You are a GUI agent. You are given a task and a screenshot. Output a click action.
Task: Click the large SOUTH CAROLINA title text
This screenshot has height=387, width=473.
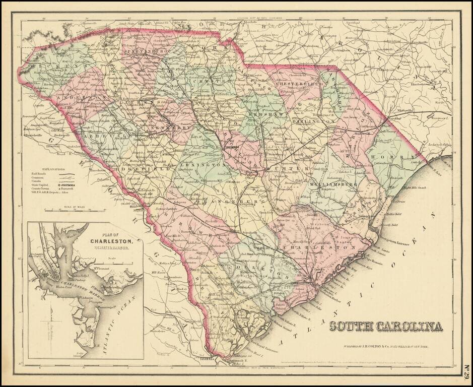pyautogui.click(x=386, y=326)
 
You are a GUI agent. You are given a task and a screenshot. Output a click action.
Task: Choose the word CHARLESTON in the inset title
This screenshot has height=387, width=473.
pyautogui.click(x=111, y=241)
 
